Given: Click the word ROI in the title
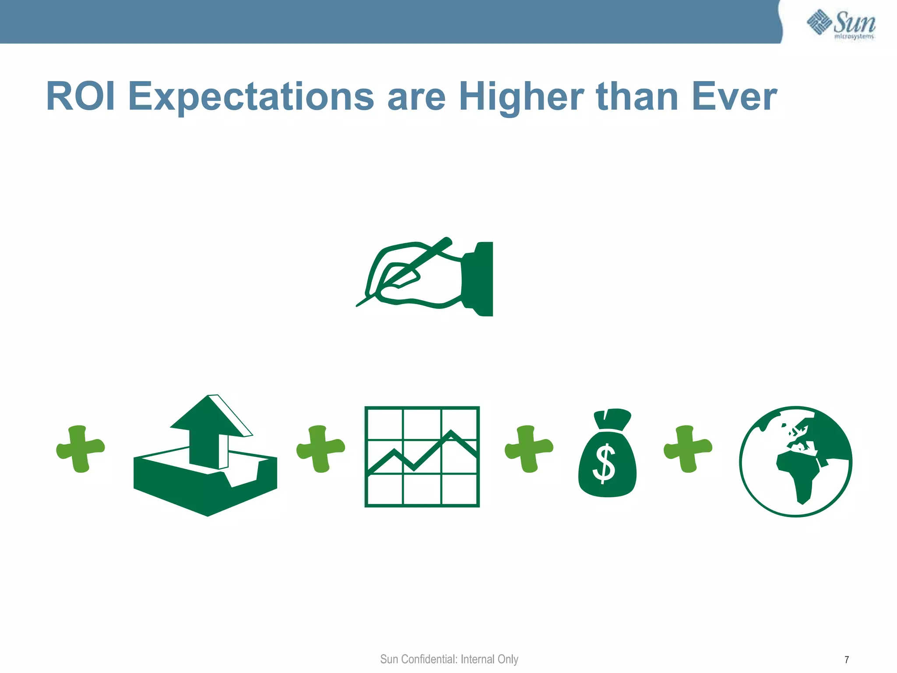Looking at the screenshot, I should coord(81,97).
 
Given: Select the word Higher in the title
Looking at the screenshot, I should coord(521,97).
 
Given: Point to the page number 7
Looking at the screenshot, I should coord(847,659).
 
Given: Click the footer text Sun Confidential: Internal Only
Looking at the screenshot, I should coord(449,659).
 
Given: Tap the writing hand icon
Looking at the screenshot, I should coord(420,276).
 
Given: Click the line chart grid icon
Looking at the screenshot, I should coord(422,457).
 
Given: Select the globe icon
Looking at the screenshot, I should coord(795,461).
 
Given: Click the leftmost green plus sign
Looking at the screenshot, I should coord(80,449).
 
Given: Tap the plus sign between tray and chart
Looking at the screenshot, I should coord(321,449).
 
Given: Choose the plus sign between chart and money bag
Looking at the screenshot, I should coord(529,449).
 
